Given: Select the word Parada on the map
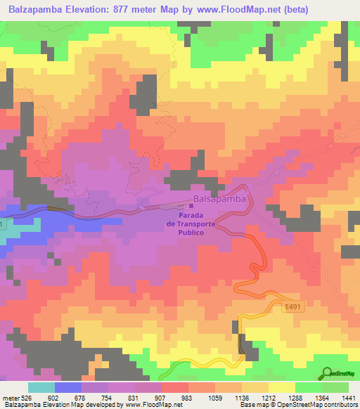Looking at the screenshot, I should [x=192, y=215].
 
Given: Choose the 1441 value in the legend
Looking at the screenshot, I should [x=348, y=397].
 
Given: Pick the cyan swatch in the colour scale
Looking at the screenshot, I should [x=41, y=387].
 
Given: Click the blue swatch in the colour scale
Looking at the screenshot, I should [x=67, y=387].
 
